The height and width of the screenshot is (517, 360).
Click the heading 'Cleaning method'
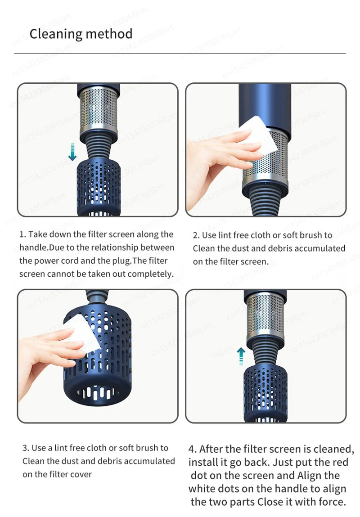(x=81, y=34)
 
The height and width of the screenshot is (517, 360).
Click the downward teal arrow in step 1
(x=72, y=151)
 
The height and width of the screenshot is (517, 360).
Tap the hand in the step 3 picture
(x=45, y=355)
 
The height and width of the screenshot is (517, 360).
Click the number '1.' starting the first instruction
(x=23, y=234)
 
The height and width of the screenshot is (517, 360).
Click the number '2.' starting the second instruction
(x=196, y=235)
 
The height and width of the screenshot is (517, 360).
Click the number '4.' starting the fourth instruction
(x=193, y=449)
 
